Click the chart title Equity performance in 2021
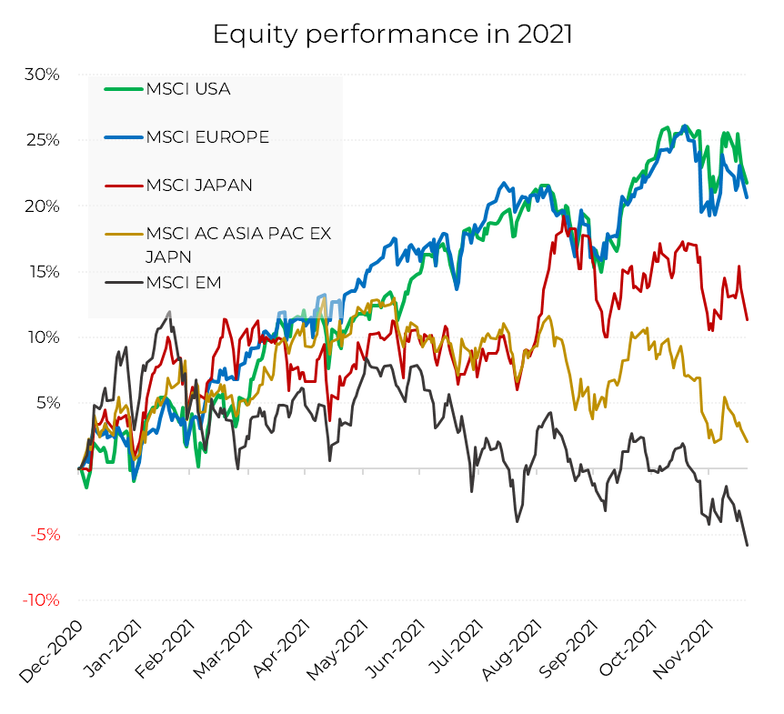tap(392, 35)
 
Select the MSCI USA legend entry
tap(188, 89)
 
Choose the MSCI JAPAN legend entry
tap(199, 185)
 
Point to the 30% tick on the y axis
tap(42, 75)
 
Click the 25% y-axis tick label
tap(42, 140)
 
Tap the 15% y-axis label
tap(42, 272)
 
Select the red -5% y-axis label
tap(43, 535)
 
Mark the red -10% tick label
tap(40, 600)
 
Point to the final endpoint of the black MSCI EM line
tap(748, 545)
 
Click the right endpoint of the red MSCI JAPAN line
tap(748, 319)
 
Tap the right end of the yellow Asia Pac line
tap(748, 442)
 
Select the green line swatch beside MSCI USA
tap(125, 89)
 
